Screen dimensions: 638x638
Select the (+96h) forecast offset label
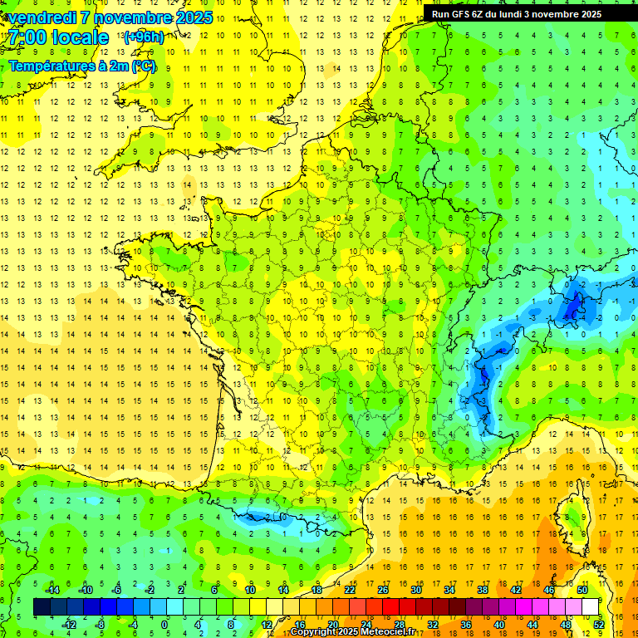coord(144,37)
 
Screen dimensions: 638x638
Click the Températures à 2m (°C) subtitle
coord(82,66)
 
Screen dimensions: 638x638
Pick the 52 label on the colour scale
coord(599,624)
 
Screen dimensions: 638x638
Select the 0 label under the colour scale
coord(164,624)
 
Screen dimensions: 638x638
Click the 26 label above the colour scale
coord(383,590)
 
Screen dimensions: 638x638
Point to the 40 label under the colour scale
coord(498,624)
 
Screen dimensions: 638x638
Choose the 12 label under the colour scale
coord(267,624)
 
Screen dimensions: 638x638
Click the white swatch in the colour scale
coord(590,607)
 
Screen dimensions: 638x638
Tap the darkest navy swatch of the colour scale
coord(42,607)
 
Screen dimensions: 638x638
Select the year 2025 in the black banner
coord(591,14)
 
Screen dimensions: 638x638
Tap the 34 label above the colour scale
coord(449,590)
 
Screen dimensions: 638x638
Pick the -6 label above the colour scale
coord(117,590)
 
